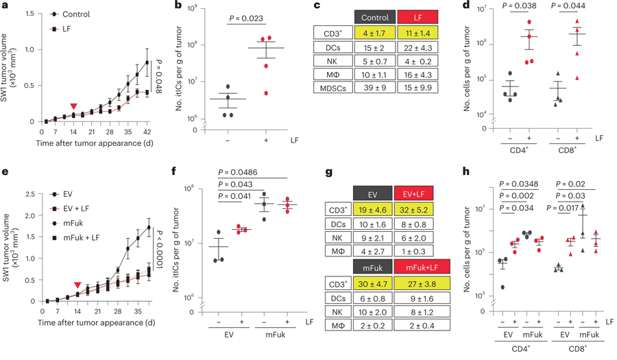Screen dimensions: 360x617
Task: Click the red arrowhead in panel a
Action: [x=73, y=106]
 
